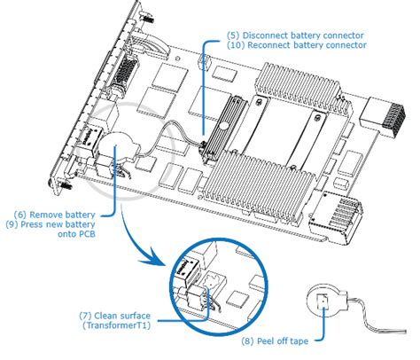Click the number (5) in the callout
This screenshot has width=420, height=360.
pyautogui.click(x=233, y=35)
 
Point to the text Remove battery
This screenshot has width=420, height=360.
pyautogui.click(x=62, y=215)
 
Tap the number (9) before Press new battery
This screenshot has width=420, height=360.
pyautogui.click(x=12, y=224)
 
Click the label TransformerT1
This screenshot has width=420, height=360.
pyautogui.click(x=116, y=325)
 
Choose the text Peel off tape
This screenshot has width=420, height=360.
pyautogui.click(x=283, y=341)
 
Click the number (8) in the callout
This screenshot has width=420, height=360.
pyautogui.click(x=248, y=341)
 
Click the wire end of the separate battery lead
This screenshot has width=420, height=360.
pyautogui.click(x=405, y=331)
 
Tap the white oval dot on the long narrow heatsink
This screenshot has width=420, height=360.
pyautogui.click(x=223, y=126)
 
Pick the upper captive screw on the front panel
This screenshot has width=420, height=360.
pyautogui.click(x=147, y=19)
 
